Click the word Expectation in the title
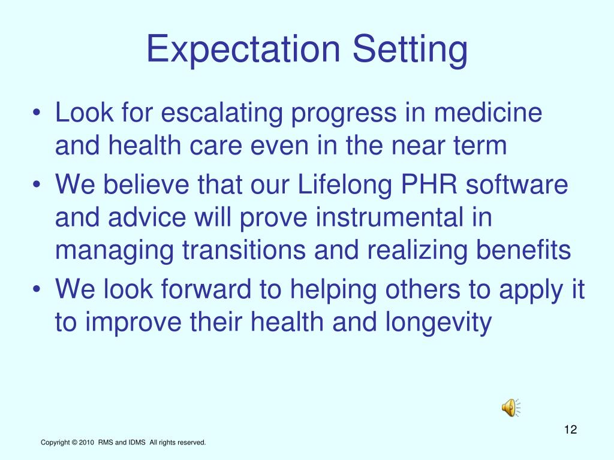point(243,50)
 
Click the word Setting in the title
point(410,50)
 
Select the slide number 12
point(570,429)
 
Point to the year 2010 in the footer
point(86,443)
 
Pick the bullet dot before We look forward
point(39,292)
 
